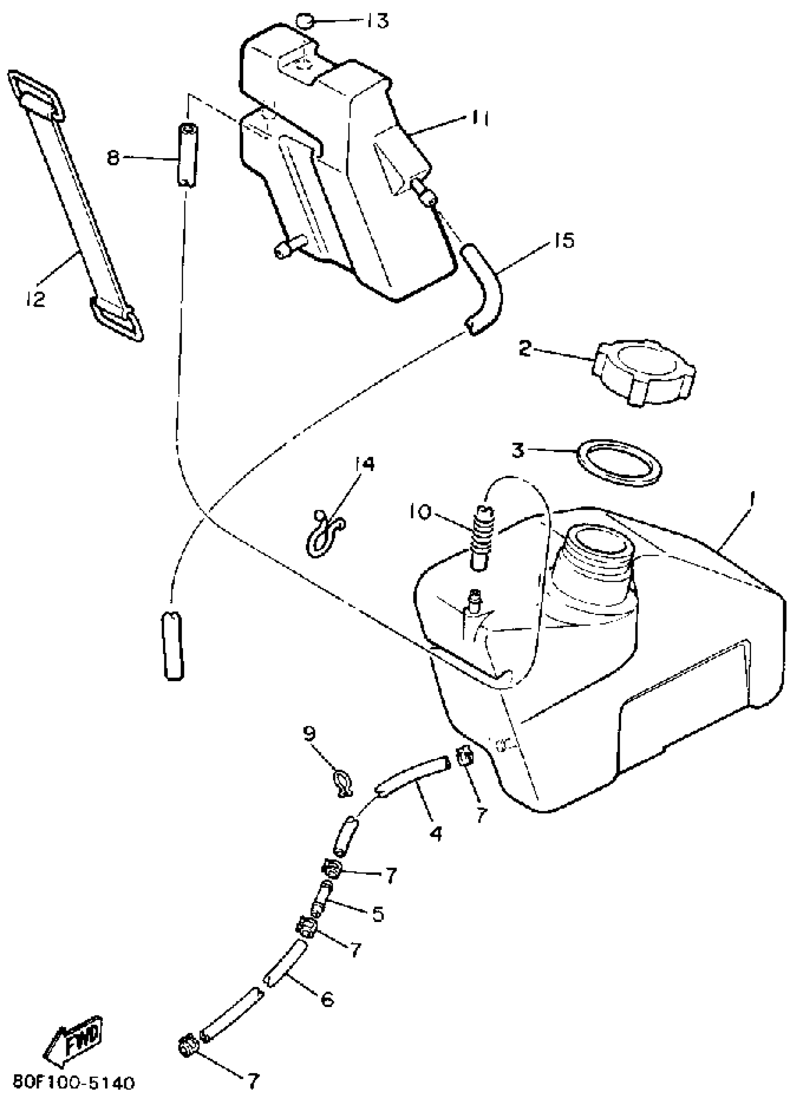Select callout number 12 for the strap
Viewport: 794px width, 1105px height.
(35, 298)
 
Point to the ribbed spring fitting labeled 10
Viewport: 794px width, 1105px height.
(484, 535)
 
